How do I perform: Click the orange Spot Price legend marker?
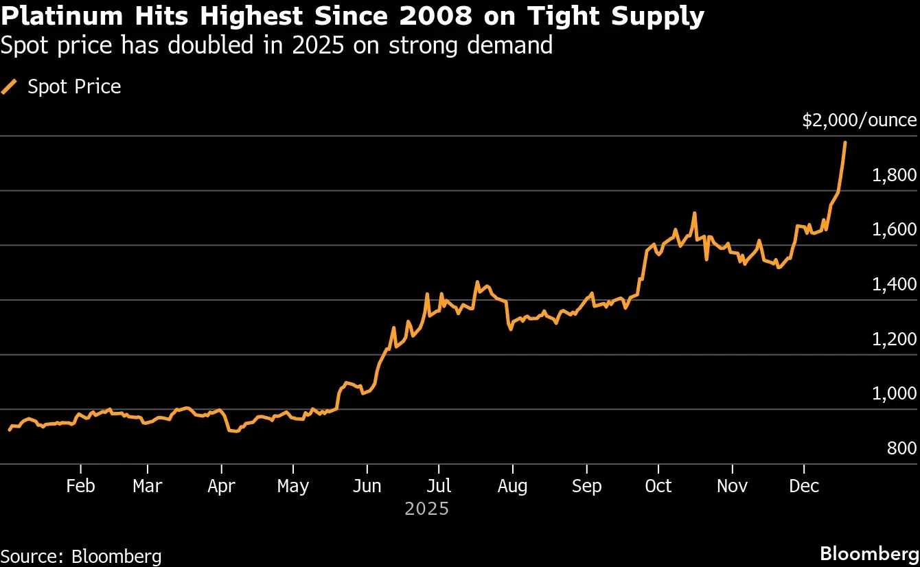(x=10, y=86)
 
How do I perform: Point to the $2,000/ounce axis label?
(x=860, y=121)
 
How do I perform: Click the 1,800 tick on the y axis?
(x=894, y=175)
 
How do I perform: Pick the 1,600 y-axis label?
(x=894, y=229)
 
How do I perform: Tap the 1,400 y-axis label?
(x=894, y=284)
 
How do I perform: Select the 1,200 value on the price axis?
(x=894, y=339)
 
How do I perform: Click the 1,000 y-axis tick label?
(x=894, y=393)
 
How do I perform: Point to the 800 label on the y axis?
(x=901, y=448)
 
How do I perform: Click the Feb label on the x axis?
(x=80, y=486)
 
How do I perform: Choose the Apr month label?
(x=221, y=486)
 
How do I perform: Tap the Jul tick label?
(x=439, y=486)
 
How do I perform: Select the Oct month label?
(x=658, y=486)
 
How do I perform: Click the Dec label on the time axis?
(x=804, y=486)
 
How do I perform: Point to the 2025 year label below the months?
(x=426, y=509)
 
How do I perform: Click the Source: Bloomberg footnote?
(x=81, y=555)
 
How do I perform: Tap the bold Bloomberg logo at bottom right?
(x=869, y=554)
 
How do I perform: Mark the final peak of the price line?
(x=844, y=142)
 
